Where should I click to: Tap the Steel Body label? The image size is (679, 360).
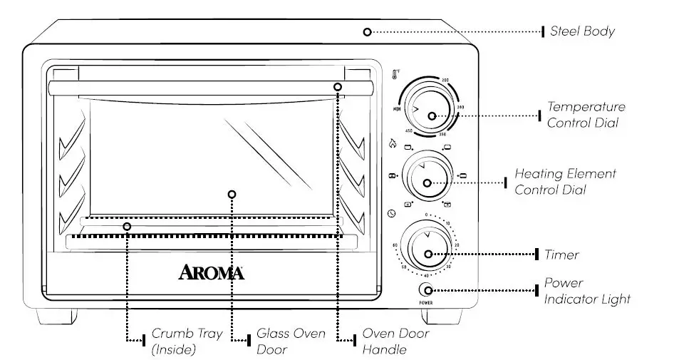click(x=581, y=31)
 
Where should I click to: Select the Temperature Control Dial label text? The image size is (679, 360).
click(x=586, y=115)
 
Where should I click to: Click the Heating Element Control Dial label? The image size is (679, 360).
click(x=565, y=182)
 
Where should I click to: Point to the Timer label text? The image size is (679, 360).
click(x=561, y=254)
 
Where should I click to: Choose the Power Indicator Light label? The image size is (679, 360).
click(x=587, y=291)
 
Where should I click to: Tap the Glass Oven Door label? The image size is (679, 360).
click(x=291, y=341)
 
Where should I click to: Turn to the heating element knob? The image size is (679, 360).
click(x=426, y=176)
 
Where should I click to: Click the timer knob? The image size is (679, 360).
click(x=426, y=247)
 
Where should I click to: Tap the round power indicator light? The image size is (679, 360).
click(x=427, y=289)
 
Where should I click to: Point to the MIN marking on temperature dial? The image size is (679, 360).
click(x=395, y=108)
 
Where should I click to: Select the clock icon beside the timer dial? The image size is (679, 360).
click(x=392, y=214)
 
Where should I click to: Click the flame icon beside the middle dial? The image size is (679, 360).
click(x=392, y=143)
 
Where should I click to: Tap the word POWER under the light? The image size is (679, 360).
click(x=427, y=303)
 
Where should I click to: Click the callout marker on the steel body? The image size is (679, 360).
click(x=368, y=32)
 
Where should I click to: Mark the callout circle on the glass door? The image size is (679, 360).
click(x=231, y=194)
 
